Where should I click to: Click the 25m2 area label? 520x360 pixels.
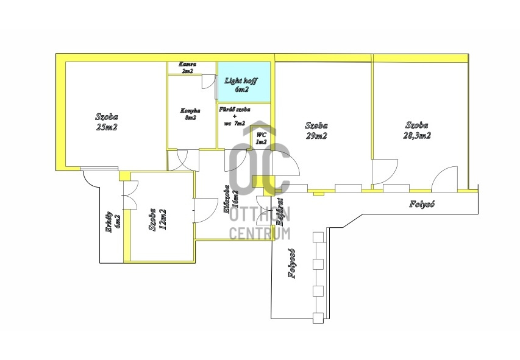tap(107, 127)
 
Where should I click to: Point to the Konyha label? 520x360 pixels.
tap(188, 114)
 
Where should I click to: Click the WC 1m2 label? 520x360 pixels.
tap(261, 138)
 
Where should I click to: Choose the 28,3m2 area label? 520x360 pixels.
tap(417, 136)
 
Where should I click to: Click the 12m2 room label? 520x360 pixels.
tap(162, 219)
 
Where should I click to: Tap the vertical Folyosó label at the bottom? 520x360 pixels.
tap(293, 263)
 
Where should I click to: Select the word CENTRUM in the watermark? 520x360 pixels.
tap(259, 232)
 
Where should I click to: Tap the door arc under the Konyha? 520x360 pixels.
tap(183, 160)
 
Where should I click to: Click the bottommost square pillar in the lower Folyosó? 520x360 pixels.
tap(316, 317)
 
